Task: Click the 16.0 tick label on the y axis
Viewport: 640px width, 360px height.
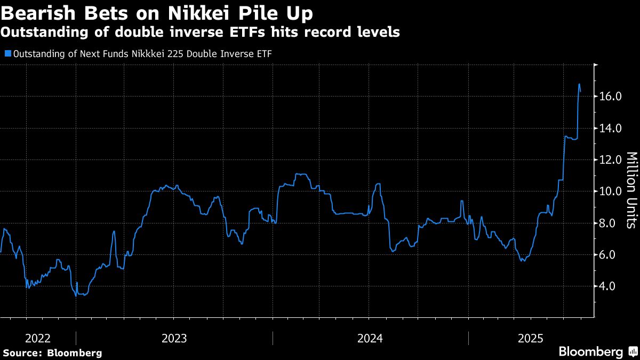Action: pyautogui.click(x=611, y=97)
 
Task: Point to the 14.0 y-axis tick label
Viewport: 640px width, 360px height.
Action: pyautogui.click(x=611, y=128)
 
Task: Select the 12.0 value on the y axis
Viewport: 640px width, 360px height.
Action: pyautogui.click(x=611, y=159)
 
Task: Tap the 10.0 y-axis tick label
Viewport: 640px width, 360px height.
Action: pyautogui.click(x=611, y=191)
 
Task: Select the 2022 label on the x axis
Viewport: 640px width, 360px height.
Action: pyautogui.click(x=38, y=338)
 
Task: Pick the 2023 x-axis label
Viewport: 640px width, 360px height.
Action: pyautogui.click(x=174, y=338)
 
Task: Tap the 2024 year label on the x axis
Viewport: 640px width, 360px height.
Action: pyautogui.click(x=370, y=338)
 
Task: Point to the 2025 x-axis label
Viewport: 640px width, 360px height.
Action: pyautogui.click(x=531, y=338)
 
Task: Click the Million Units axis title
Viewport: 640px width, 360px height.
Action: pyautogui.click(x=630, y=190)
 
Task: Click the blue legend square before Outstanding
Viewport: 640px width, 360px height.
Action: pyautogui.click(x=7, y=53)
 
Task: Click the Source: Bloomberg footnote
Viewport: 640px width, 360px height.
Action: pyautogui.click(x=52, y=353)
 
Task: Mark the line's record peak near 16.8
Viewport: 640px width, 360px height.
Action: pyautogui.click(x=579, y=84)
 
